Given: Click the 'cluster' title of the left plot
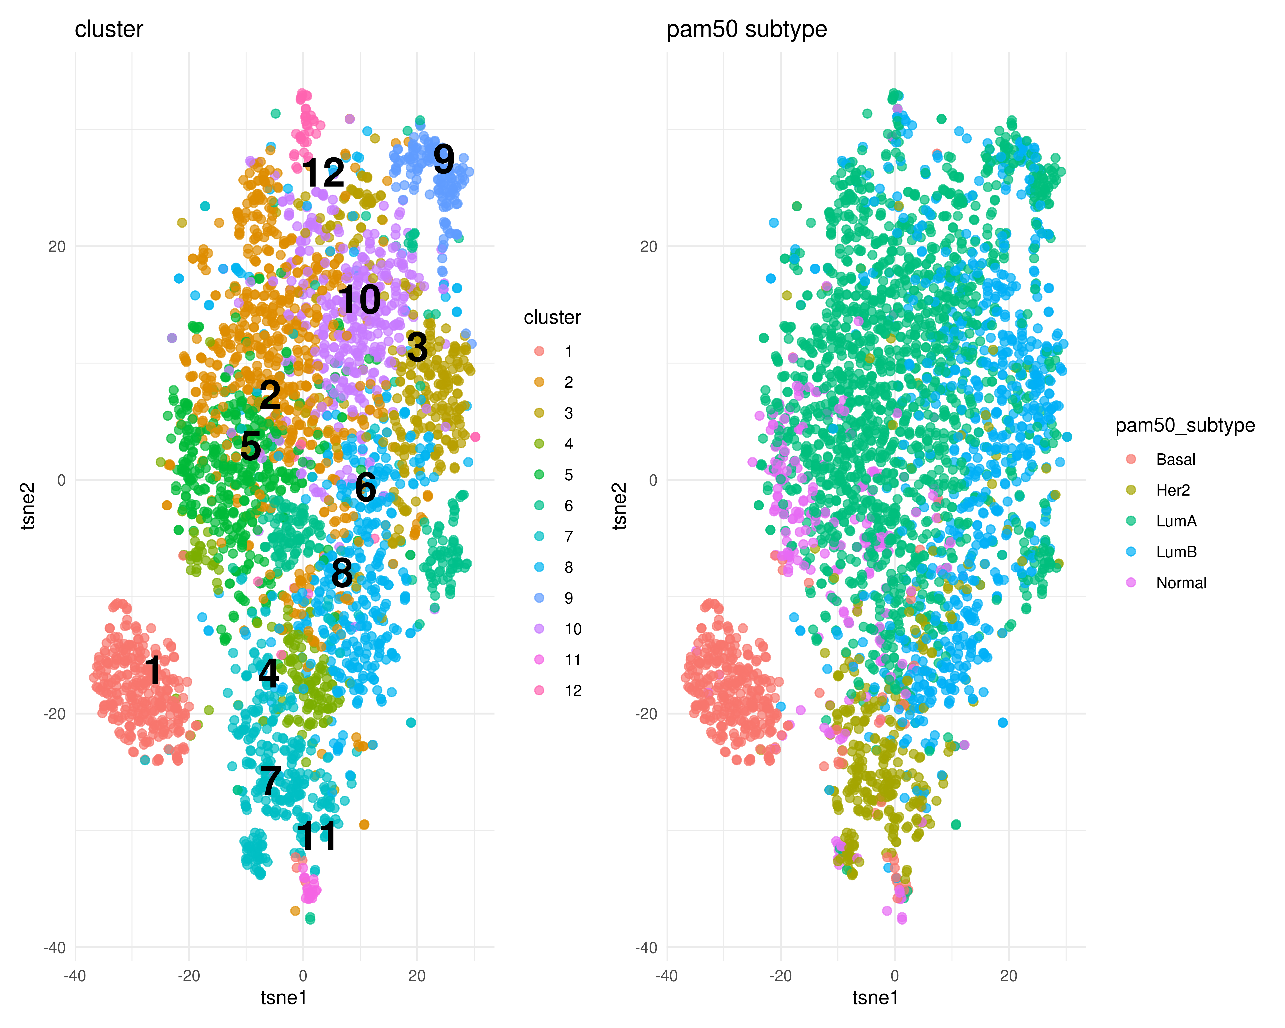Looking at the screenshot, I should [109, 29].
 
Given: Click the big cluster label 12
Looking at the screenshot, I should [324, 173].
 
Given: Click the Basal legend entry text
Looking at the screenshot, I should [1175, 459].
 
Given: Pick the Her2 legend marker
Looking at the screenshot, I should [1131, 490].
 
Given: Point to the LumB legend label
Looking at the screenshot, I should [1176, 552].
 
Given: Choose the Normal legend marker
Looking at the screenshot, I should [1131, 582].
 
